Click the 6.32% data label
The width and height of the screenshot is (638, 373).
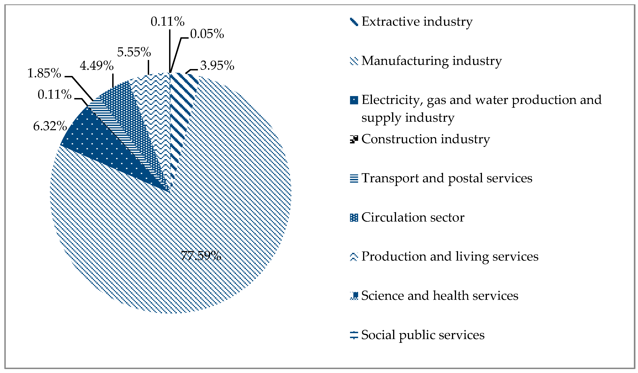[x=50, y=126]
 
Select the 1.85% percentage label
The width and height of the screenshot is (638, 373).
[x=44, y=73]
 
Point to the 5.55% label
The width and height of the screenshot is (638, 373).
[x=134, y=52]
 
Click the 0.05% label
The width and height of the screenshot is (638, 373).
[x=207, y=34]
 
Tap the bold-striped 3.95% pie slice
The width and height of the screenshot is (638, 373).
[x=181, y=106]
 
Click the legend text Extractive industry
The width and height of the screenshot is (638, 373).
[x=417, y=22]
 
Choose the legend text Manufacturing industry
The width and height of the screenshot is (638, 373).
[x=431, y=61]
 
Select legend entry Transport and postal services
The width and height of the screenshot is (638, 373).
[x=447, y=178]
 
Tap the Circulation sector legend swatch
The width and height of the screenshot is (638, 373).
[x=354, y=218]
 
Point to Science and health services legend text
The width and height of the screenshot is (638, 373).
[x=440, y=296]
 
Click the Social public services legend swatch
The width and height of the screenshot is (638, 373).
[x=354, y=335]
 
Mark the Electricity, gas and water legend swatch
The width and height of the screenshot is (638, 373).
[x=354, y=100]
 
